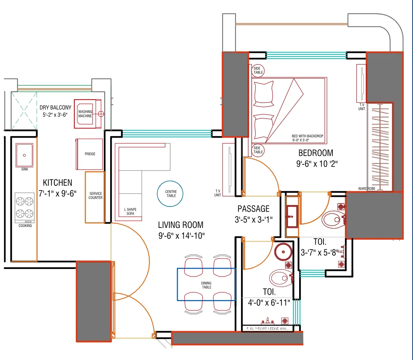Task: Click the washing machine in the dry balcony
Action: coord(88,114)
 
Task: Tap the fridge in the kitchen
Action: coord(89,154)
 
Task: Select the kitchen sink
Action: coord(25,155)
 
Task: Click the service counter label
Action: coord(95,196)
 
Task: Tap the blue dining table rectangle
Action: coord(206,285)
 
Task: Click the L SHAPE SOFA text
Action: coord(130,212)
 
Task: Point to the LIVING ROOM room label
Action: coord(181,225)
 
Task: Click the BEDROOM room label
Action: coord(315,153)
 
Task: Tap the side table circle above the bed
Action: coord(258,70)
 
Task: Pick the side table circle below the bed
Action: coord(258,150)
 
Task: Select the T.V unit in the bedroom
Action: coord(361,83)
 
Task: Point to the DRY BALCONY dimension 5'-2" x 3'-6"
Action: coord(55,115)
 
